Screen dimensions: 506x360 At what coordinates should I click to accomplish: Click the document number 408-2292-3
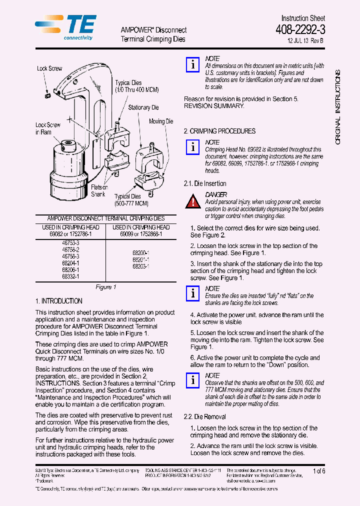299,30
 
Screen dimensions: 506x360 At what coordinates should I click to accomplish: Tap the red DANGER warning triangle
193,202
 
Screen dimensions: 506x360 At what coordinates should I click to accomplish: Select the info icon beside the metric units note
192,65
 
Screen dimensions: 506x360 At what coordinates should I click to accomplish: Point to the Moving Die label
161,121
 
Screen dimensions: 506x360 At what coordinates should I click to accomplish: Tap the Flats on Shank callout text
99,190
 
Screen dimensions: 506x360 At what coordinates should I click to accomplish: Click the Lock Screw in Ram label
47,128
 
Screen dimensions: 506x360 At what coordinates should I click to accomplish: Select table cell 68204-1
70,262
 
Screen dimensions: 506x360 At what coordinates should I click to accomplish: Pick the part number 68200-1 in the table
140,253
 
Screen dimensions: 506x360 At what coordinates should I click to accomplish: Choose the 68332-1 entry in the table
70,276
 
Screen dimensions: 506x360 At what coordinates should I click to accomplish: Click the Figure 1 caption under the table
105,287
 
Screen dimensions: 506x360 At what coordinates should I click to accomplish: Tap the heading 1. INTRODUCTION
59,301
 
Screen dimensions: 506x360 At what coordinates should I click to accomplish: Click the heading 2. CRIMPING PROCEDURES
219,131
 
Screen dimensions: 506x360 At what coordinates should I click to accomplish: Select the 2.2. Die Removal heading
204,416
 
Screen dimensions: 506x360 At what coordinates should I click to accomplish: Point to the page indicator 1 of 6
318,471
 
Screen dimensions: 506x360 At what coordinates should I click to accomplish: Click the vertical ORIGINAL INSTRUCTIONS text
337,107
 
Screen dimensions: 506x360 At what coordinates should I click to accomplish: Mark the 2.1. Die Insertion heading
205,183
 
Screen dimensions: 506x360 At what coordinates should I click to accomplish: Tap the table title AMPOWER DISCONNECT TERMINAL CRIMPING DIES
105,218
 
